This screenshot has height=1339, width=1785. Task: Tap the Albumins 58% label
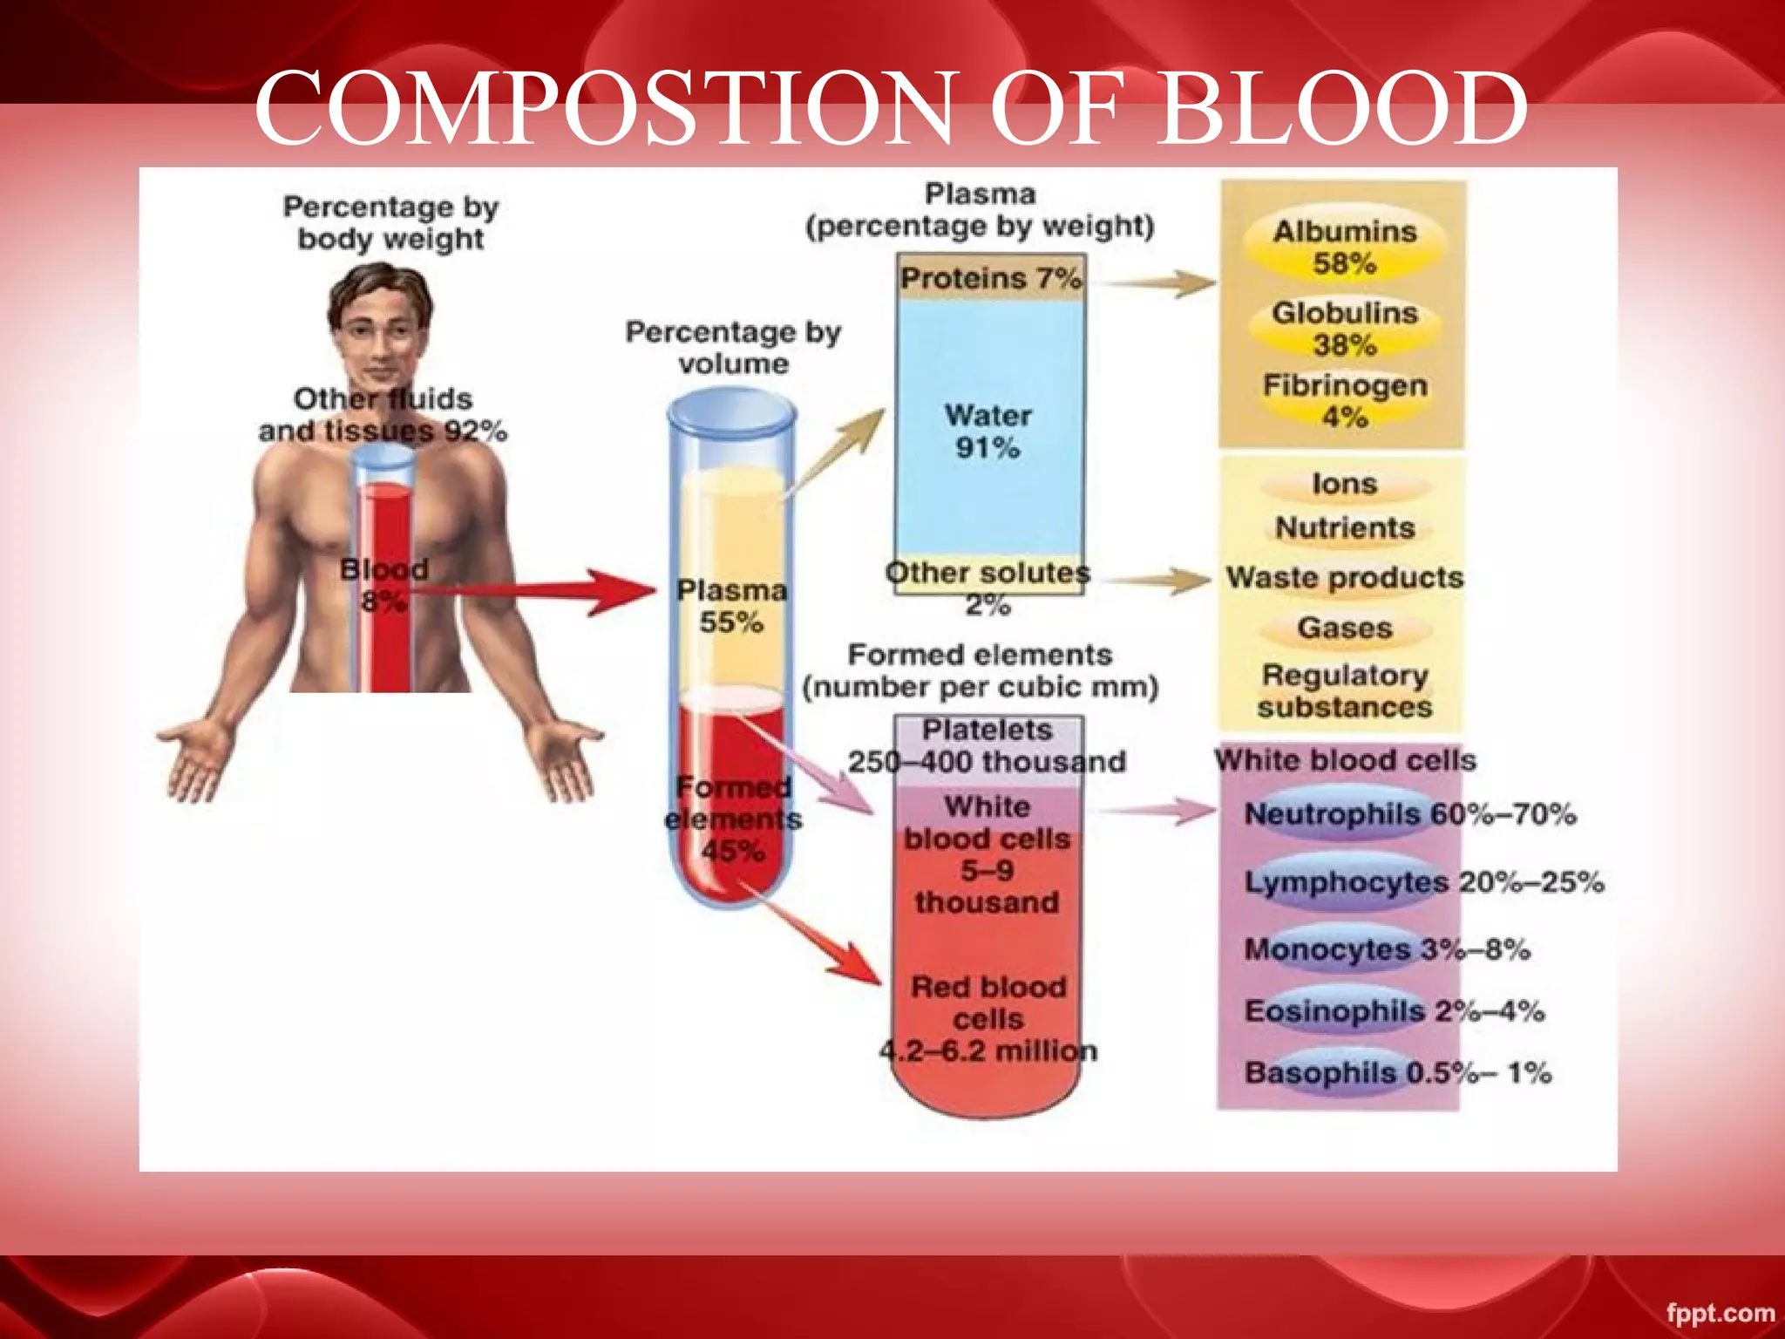[x=1345, y=247]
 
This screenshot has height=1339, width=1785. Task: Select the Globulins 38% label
[x=1345, y=329]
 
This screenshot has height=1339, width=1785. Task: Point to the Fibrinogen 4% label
[x=1345, y=401]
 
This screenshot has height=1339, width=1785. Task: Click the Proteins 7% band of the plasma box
[x=991, y=278]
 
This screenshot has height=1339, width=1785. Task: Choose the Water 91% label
[x=988, y=432]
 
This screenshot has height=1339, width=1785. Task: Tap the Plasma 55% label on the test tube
[x=732, y=606]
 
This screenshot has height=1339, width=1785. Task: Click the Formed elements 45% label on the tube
[x=733, y=819]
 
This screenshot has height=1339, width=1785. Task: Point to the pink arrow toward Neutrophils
[x=1159, y=811]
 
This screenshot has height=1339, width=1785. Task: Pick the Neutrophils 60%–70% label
[x=1409, y=814]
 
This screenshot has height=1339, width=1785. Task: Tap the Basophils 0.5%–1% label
[x=1397, y=1072]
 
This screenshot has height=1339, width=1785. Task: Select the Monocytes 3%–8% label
[x=1387, y=948]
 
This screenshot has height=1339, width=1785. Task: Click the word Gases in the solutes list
[x=1345, y=628]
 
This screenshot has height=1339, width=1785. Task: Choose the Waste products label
[x=1345, y=577]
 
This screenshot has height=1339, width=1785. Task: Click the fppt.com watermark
[x=1720, y=1313]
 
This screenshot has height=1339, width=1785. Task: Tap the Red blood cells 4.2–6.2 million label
[x=988, y=1019]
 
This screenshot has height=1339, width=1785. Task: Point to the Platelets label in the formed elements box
[x=988, y=731]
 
